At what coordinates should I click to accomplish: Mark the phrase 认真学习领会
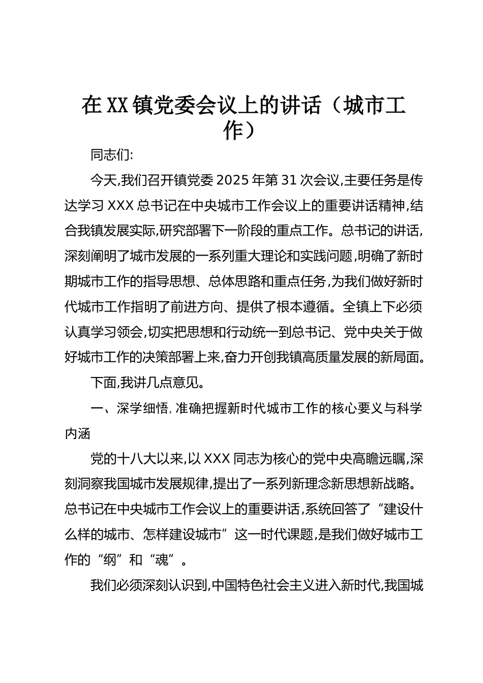point(104,332)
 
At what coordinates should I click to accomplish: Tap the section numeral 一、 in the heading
point(99,409)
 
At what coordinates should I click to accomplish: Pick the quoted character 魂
point(163,561)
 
